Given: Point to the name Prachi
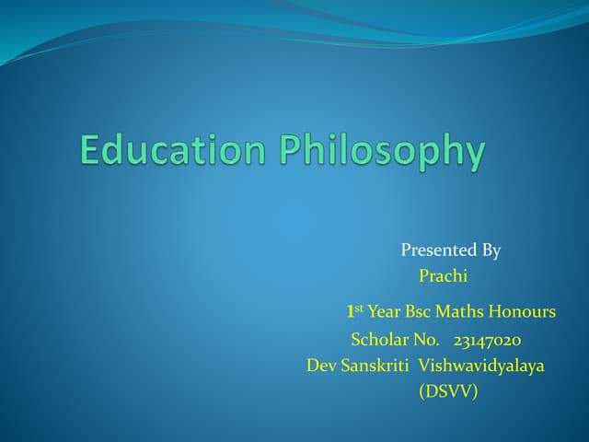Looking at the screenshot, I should [444, 275].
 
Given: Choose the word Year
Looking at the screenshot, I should [385, 312].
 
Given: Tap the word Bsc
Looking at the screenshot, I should [422, 312].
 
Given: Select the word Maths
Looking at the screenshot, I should [465, 312].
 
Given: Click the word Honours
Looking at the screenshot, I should [525, 312].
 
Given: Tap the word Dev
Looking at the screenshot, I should [321, 366].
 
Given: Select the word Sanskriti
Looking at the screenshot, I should [375, 366].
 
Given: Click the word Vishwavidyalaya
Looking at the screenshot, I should [481, 366].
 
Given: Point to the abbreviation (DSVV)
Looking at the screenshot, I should [448, 391].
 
